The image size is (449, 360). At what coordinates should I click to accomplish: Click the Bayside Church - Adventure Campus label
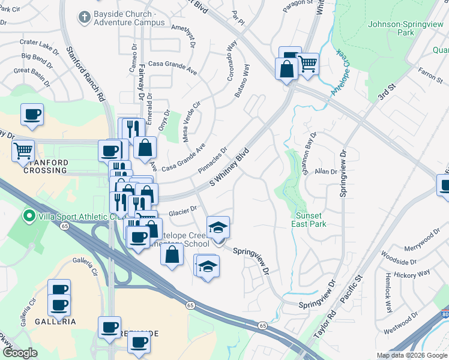click(129, 18)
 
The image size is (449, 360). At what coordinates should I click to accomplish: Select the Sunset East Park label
click(311, 220)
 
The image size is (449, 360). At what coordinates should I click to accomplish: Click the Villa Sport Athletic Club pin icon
click(27, 215)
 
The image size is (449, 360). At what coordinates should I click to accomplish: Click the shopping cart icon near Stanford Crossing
click(23, 150)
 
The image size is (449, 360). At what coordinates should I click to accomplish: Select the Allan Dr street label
click(326, 172)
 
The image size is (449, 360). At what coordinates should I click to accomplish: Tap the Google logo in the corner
click(19, 353)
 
